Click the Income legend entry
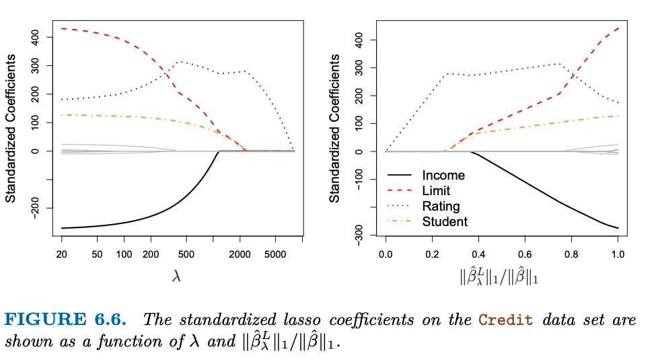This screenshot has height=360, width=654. coord(443,176)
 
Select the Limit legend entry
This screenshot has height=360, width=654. coord(436,191)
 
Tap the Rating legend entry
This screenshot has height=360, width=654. coord(441,207)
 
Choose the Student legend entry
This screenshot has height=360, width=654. coord(445,221)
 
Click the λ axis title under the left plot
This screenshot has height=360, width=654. coord(177,277)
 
